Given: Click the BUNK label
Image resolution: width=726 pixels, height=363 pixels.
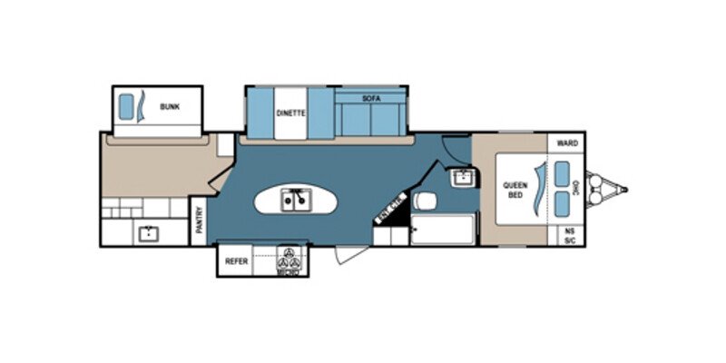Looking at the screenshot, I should tap(170, 107).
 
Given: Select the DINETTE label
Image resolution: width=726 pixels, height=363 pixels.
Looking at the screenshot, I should tap(290, 113).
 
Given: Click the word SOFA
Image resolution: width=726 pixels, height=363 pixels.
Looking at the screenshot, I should tap(370, 97).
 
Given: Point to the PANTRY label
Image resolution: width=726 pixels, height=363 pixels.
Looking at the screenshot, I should tap(200, 220).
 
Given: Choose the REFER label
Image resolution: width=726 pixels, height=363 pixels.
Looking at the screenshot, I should tap(236, 261).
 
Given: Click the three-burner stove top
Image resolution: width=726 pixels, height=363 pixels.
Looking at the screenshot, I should tap(289, 260).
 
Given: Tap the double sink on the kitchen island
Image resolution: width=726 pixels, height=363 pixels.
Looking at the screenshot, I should tap(296, 198).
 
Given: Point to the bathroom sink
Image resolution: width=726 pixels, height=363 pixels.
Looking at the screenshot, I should tap(463, 176).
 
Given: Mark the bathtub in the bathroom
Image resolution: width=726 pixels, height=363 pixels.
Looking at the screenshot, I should tap(443, 230).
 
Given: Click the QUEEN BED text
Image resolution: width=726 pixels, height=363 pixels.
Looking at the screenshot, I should tap(515, 191).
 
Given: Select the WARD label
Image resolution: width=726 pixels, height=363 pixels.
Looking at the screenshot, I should tap(567, 143).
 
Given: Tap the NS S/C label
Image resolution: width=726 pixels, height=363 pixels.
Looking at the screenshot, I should tap(570, 234).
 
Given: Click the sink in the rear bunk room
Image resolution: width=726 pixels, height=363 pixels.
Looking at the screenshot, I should tap(147, 233).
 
